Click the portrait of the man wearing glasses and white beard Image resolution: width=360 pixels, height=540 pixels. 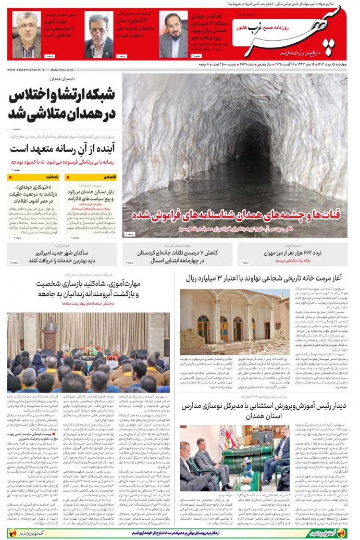click(27, 34)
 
